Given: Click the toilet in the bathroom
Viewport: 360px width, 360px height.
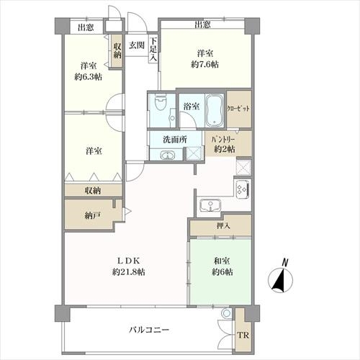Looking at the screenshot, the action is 161,102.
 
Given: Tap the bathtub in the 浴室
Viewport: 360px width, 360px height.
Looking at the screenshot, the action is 215,110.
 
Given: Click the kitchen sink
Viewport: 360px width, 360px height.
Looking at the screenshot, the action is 210,206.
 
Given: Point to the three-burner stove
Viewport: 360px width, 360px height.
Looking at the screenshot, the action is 243,189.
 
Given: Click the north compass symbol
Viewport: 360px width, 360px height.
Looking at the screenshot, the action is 281,278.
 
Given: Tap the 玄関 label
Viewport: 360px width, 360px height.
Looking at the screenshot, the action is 137,45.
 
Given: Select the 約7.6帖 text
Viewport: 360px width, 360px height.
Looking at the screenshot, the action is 204,65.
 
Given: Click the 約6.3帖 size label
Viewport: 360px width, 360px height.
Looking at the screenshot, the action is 88,77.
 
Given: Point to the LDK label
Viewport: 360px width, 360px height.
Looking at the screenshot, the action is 128,260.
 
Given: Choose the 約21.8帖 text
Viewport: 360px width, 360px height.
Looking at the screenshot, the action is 128,272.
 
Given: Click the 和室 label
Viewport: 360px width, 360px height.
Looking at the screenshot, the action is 222,261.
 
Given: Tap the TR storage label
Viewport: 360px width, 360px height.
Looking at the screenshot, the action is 243,336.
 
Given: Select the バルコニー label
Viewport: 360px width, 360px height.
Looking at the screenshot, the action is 149,330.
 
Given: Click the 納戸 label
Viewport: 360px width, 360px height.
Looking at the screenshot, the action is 92,216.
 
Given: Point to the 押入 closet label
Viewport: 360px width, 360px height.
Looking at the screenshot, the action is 223,226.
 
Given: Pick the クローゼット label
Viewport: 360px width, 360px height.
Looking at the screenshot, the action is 238,109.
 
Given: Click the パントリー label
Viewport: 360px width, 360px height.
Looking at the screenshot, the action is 222,140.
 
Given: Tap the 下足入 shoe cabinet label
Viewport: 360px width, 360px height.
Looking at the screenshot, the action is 153,50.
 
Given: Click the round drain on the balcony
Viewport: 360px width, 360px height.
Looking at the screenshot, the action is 226,313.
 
